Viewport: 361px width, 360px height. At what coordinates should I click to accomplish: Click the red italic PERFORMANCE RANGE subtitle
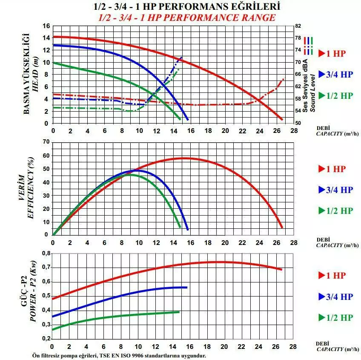coord(187,17)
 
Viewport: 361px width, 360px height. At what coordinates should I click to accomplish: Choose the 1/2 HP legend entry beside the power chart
coord(335,317)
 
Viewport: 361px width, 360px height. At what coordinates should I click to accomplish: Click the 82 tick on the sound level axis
coord(298,26)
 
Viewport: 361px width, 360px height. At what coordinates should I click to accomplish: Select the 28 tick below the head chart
coord(293,130)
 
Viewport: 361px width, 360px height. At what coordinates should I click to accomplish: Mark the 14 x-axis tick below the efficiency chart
coord(173,243)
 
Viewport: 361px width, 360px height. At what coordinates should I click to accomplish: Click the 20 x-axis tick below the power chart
coord(225,346)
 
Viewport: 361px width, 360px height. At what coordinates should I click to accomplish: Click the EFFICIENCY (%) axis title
coord(31,187)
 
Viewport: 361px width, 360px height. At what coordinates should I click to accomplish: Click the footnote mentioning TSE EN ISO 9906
coord(120,355)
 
